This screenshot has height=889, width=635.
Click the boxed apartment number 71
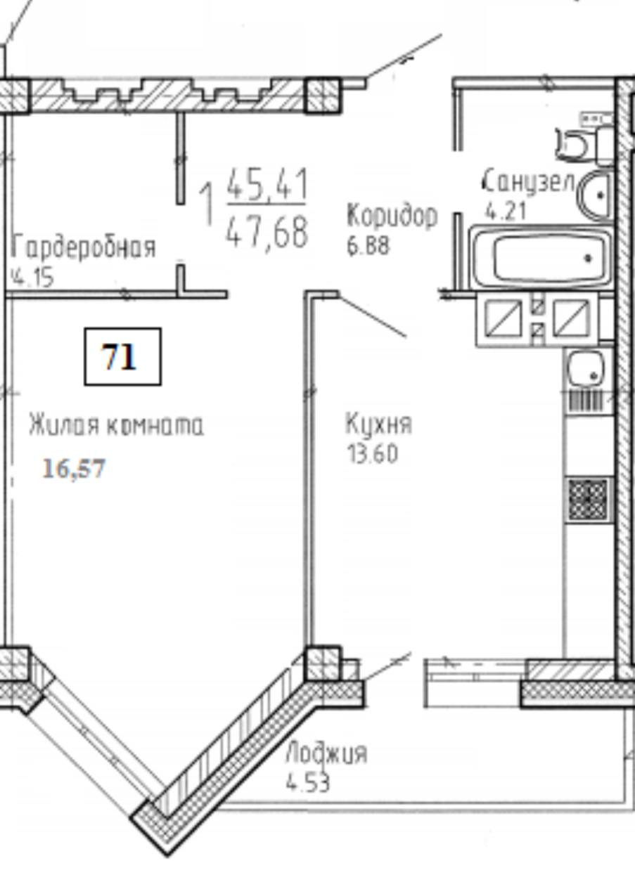point(123,356)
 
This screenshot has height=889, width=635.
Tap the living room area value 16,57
point(74,468)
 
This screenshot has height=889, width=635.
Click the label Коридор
point(392,216)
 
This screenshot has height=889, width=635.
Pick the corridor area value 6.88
point(368,247)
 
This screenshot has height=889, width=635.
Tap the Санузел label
point(530,182)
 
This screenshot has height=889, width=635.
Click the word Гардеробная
point(84,247)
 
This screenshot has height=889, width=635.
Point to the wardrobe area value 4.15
point(32,278)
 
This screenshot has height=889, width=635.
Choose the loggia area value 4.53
point(307,783)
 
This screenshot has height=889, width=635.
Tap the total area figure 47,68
point(267,233)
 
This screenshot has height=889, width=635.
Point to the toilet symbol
point(584,140)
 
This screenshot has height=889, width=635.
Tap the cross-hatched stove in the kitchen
point(588,500)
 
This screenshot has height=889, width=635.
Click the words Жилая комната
point(116,425)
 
